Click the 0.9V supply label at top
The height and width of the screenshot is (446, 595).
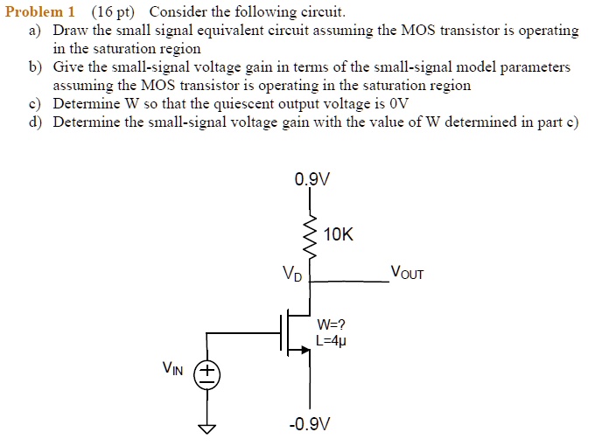click(x=313, y=181)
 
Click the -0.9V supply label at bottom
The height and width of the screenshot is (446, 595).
click(x=311, y=425)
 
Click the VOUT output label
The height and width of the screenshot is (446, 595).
click(x=407, y=273)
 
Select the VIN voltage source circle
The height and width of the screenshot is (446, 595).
click(x=207, y=375)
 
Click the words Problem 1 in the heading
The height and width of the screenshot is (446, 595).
click(x=40, y=12)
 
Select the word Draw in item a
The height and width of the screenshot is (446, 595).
click(x=69, y=31)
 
